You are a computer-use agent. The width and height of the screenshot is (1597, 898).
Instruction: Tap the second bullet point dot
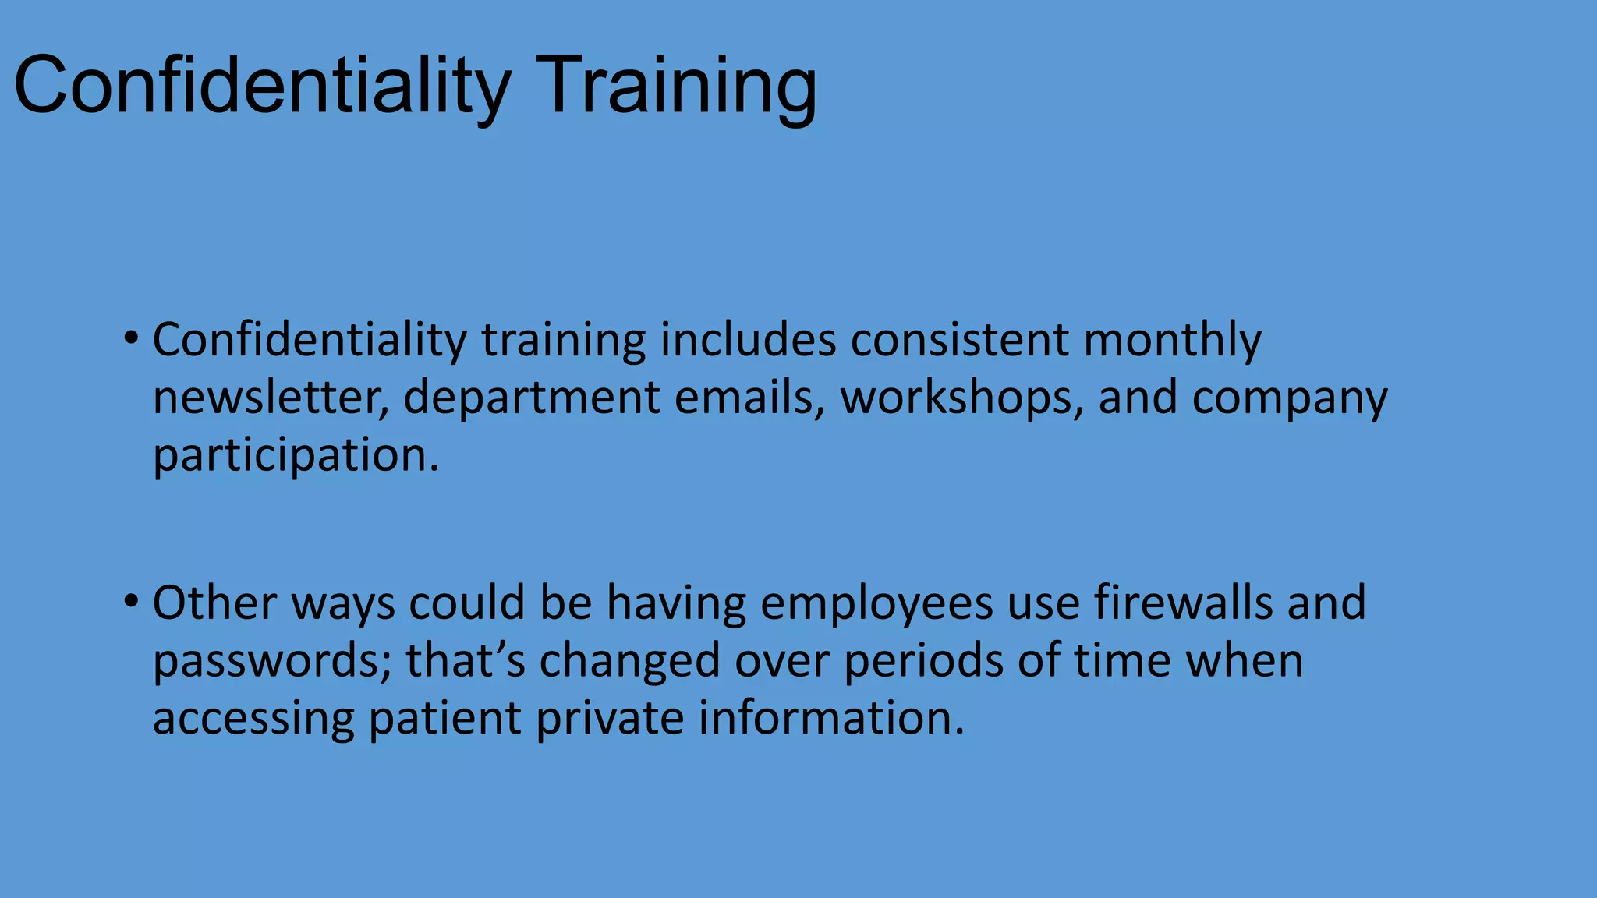pyautogui.click(x=131, y=601)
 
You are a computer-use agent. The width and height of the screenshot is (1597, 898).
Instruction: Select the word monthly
pyautogui.click(x=1172, y=340)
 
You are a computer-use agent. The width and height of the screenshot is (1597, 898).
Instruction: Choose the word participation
pyautogui.click(x=296, y=454)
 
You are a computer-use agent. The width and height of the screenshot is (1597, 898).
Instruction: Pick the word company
pyautogui.click(x=1289, y=398)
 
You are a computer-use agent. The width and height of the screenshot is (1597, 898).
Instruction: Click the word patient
pyautogui.click(x=444, y=718)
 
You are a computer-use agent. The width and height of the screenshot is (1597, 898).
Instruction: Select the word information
pyautogui.click(x=830, y=718)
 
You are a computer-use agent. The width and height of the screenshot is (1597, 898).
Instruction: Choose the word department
pyautogui.click(x=532, y=398)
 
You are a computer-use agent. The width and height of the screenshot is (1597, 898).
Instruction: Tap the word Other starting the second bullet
pyautogui.click(x=214, y=603)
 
